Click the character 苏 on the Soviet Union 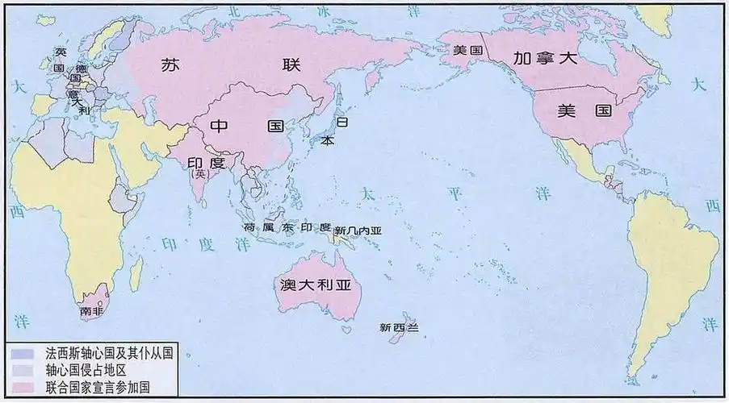tap(170, 66)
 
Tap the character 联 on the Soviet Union tap(290, 66)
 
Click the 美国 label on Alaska tap(467, 50)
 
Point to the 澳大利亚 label tap(316, 289)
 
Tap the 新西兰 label tap(400, 327)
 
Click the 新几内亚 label tap(358, 231)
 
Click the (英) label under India tap(198, 172)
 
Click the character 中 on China tap(221, 127)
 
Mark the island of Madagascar tap(136, 270)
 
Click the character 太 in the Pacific tap(368, 193)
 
